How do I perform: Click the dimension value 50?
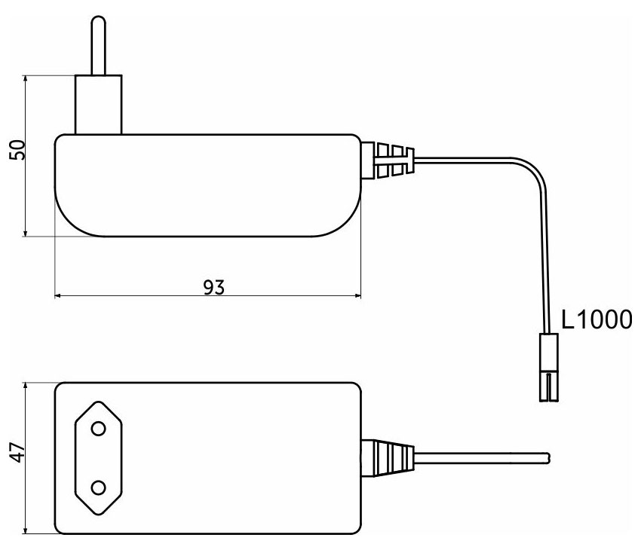[17, 150]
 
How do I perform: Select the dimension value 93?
[214, 287]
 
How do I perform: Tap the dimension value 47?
[17, 452]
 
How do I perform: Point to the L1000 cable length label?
[597, 319]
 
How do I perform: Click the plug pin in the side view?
[99, 45]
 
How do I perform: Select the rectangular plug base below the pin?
[99, 105]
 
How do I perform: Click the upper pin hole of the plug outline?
[98, 429]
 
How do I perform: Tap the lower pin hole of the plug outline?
[98, 488]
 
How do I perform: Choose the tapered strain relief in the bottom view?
[388, 458]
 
